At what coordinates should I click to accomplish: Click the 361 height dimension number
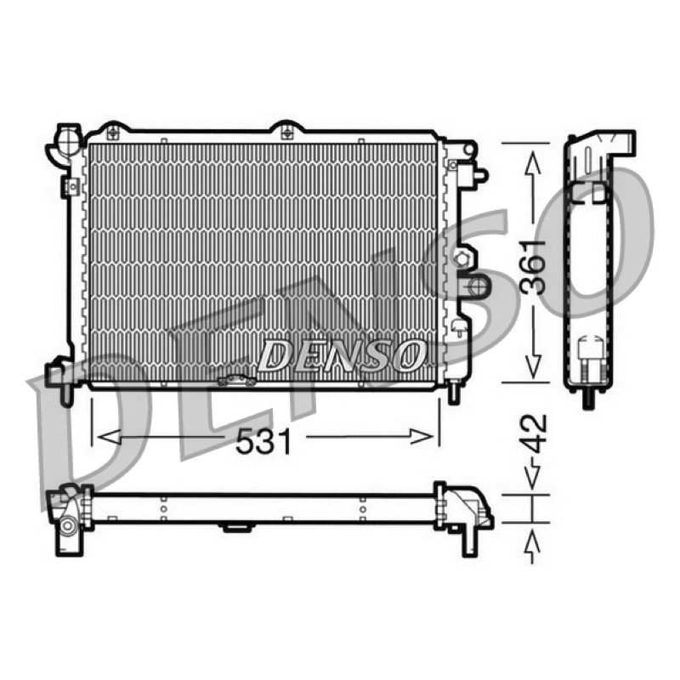(534, 267)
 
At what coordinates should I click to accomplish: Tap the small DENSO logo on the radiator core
(341, 354)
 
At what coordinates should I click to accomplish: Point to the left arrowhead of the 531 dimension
(110, 437)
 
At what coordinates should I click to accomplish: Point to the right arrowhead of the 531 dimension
(421, 437)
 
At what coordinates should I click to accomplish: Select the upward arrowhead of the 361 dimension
(534, 163)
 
